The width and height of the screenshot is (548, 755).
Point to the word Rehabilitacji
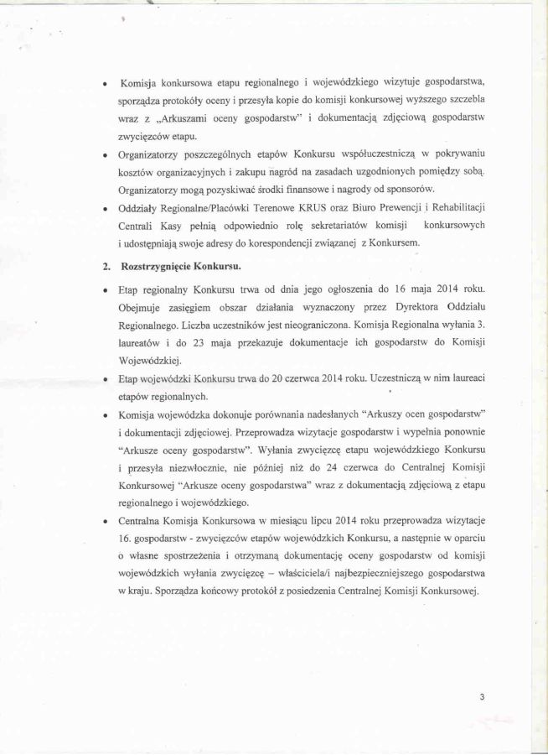[x=453, y=207]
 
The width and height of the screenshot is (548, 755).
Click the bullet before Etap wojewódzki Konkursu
[x=104, y=380]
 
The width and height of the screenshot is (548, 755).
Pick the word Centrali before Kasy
[x=139, y=226]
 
